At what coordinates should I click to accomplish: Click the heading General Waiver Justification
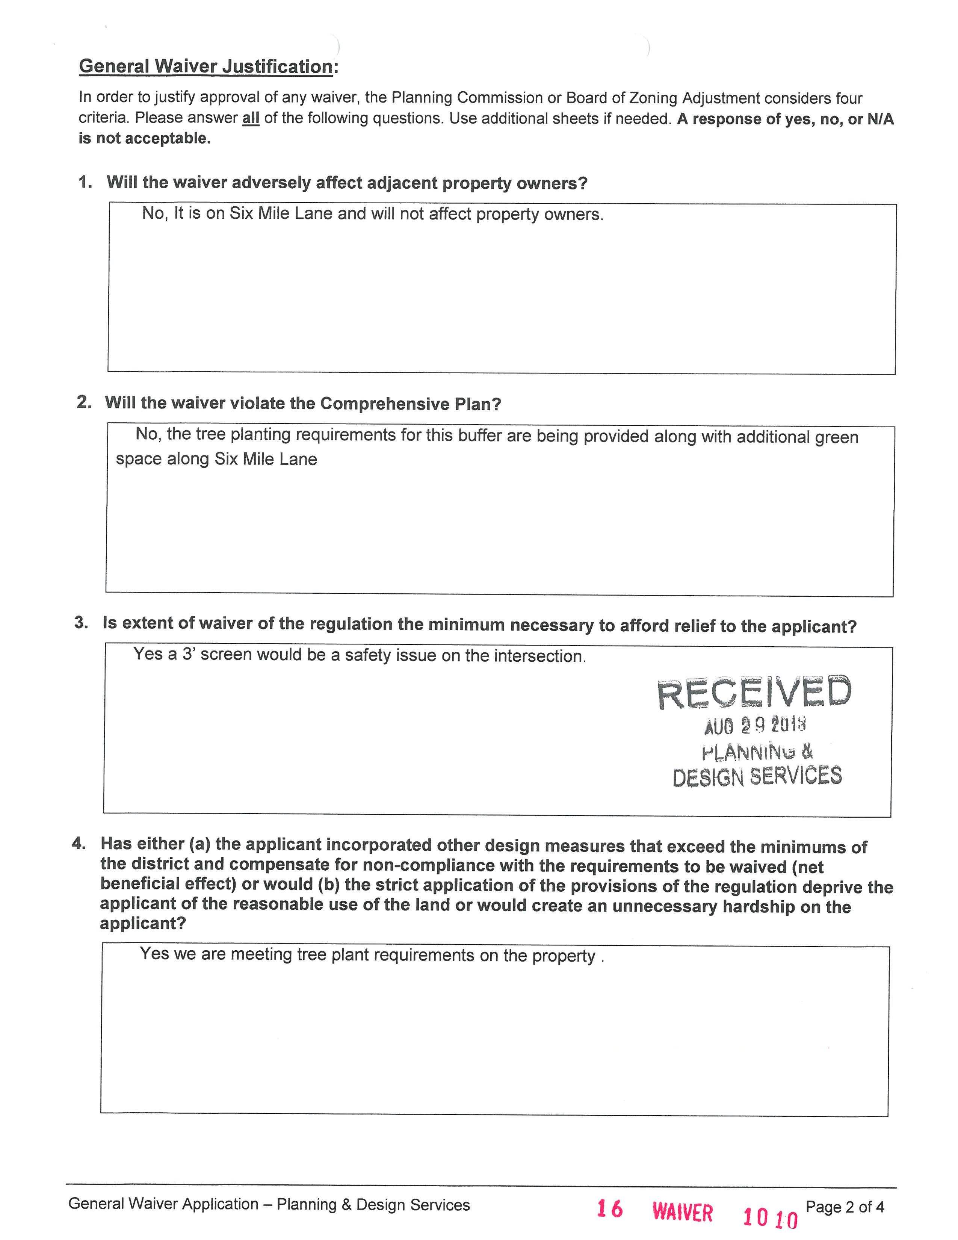[206, 67]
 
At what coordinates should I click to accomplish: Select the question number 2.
[84, 402]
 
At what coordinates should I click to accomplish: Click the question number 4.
[79, 843]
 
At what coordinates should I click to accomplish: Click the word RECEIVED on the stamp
[754, 693]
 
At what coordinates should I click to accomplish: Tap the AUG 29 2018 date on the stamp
[754, 725]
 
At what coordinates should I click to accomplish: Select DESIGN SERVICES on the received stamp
[757, 776]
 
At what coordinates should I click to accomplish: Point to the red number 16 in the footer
[609, 1209]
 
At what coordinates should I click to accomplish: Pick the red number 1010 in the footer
[770, 1217]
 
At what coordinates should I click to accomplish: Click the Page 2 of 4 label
[845, 1207]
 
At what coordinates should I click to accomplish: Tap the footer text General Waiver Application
[163, 1204]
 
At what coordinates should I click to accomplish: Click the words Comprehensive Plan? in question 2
[410, 404]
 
